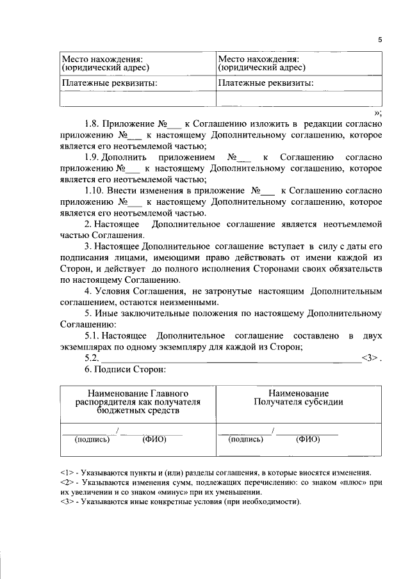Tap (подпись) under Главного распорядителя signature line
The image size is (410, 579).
(x=92, y=440)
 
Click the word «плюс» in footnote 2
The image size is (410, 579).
(x=336, y=482)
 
